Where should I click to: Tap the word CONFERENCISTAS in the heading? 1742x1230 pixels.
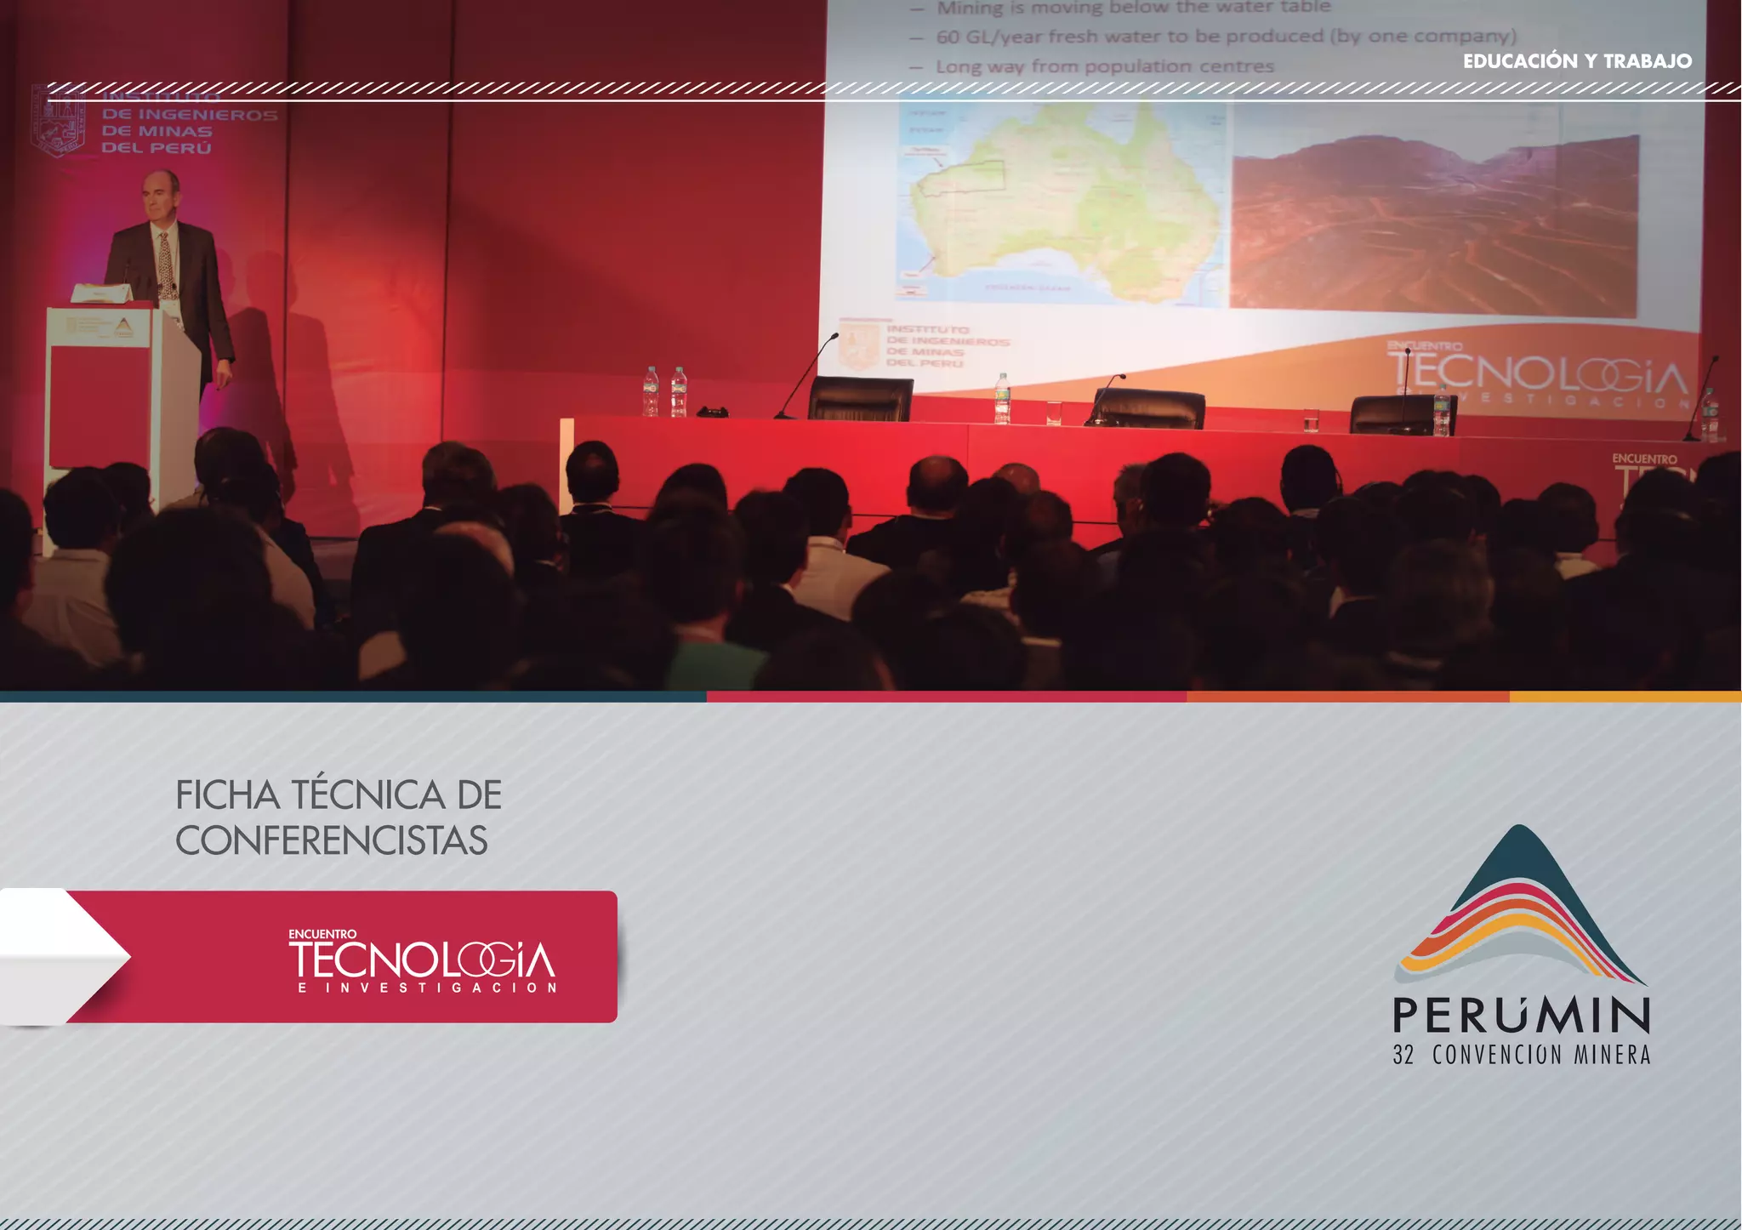(332, 840)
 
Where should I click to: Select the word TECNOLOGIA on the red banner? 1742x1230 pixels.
(422, 960)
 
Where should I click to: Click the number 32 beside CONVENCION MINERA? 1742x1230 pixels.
(1403, 1056)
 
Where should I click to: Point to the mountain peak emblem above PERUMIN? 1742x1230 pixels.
(1520, 902)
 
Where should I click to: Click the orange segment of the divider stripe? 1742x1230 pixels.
(1347, 697)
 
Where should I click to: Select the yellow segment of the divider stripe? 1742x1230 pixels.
(1625, 697)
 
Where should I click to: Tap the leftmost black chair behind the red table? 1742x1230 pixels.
(860, 399)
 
